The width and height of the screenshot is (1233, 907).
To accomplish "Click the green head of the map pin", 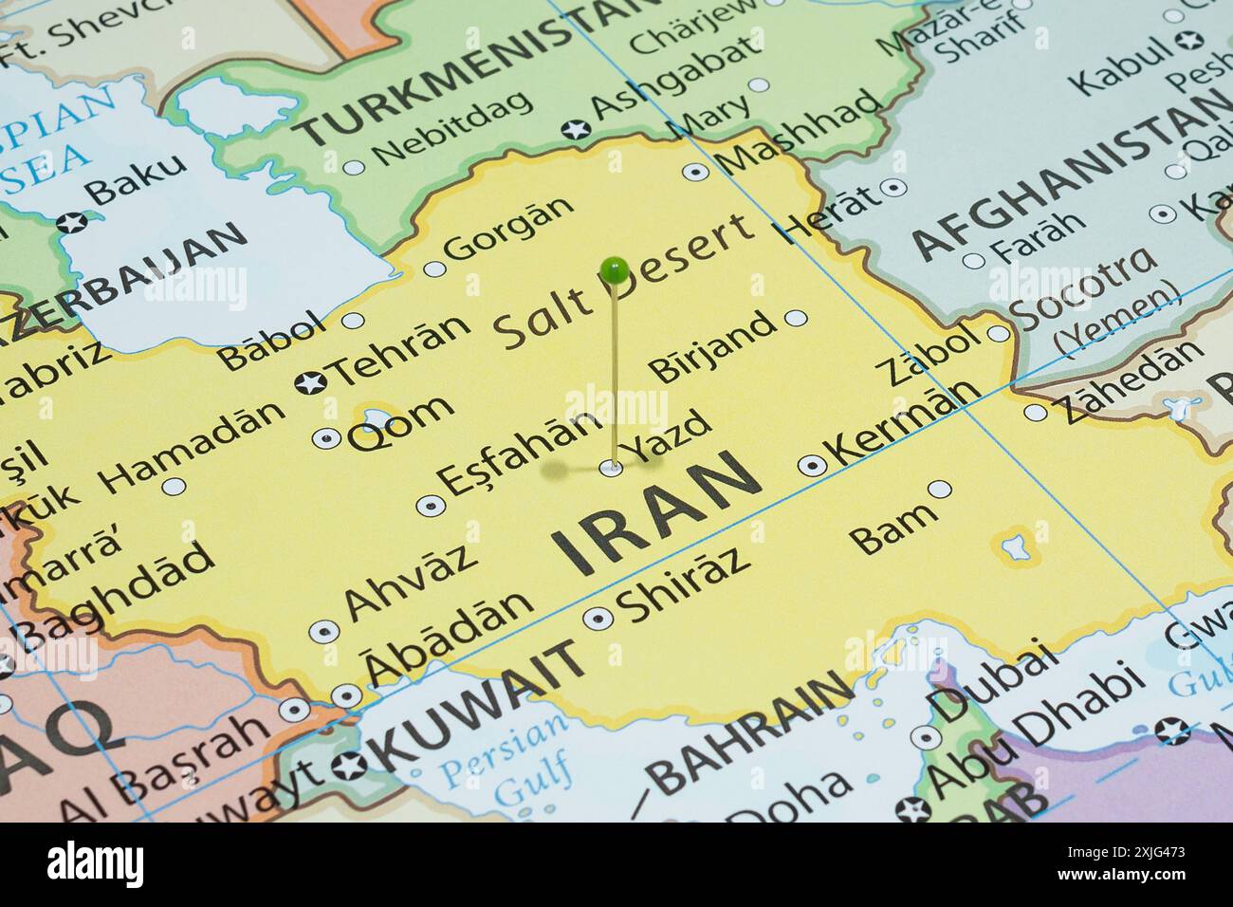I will click(x=615, y=272).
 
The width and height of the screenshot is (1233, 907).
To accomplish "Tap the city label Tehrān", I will click(x=402, y=347).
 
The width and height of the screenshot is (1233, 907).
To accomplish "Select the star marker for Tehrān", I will click(x=310, y=383).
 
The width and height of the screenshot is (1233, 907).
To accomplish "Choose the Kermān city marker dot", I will click(x=812, y=465).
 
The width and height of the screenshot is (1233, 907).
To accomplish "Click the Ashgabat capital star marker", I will click(x=574, y=129).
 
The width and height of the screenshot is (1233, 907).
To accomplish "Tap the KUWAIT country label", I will click(x=479, y=703).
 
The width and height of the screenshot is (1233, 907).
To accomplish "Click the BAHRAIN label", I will click(x=750, y=730).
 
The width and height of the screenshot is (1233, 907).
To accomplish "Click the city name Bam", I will click(x=893, y=528).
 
